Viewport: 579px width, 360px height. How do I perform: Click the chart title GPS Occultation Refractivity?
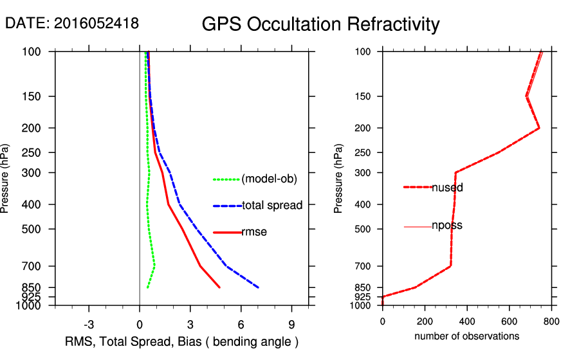click(x=320, y=25)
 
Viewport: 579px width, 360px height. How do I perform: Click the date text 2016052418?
click(x=72, y=24)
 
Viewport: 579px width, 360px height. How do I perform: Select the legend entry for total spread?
click(x=272, y=206)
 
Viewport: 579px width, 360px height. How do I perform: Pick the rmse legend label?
click(x=254, y=232)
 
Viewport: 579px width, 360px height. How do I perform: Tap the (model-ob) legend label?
click(x=270, y=179)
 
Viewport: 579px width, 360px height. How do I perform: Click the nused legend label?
click(x=447, y=188)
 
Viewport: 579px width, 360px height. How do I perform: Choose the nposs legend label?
click(x=447, y=226)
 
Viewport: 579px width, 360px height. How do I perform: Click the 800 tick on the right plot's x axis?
click(x=551, y=321)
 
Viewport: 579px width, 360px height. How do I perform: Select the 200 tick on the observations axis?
click(x=425, y=321)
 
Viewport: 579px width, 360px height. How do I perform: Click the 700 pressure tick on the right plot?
click(x=365, y=266)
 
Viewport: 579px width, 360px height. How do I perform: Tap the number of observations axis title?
click(x=466, y=336)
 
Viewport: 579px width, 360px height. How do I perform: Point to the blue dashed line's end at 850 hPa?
click(x=259, y=287)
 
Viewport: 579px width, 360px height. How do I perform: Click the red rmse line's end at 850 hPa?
click(x=220, y=287)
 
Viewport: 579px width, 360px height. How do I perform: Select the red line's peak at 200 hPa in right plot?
click(x=539, y=128)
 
